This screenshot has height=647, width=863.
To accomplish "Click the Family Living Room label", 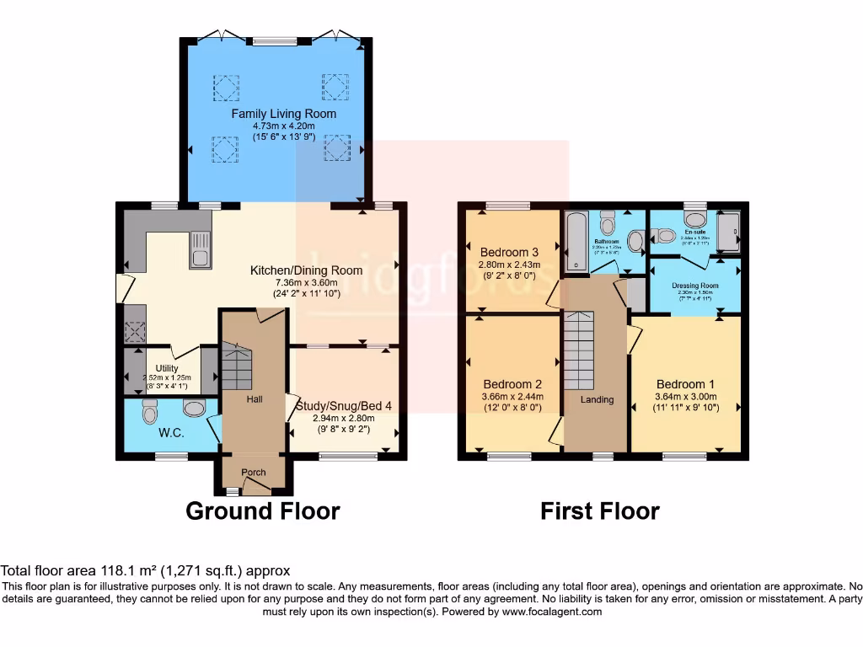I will [283, 114].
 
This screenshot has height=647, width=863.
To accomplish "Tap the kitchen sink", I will [201, 250].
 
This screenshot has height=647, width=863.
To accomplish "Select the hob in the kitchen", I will [134, 330].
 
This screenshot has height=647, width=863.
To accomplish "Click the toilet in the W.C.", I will [151, 412].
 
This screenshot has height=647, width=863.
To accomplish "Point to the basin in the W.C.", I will [195, 409].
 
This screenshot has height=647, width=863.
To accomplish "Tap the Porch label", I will [254, 473].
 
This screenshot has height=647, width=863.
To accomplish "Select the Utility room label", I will [167, 368].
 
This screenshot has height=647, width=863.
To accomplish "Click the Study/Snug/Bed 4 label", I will [343, 405].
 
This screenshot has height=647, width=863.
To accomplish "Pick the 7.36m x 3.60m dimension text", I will [306, 282].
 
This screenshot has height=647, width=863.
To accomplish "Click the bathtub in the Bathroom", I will [577, 243].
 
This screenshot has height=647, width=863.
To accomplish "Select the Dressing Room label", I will [695, 286].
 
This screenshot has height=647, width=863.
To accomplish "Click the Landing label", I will [597, 399].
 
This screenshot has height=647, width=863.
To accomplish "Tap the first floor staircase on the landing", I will [579, 348].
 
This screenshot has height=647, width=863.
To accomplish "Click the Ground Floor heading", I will [262, 511].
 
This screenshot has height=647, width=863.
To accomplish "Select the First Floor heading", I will [599, 511].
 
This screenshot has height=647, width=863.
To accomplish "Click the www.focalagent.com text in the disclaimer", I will [552, 612].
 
